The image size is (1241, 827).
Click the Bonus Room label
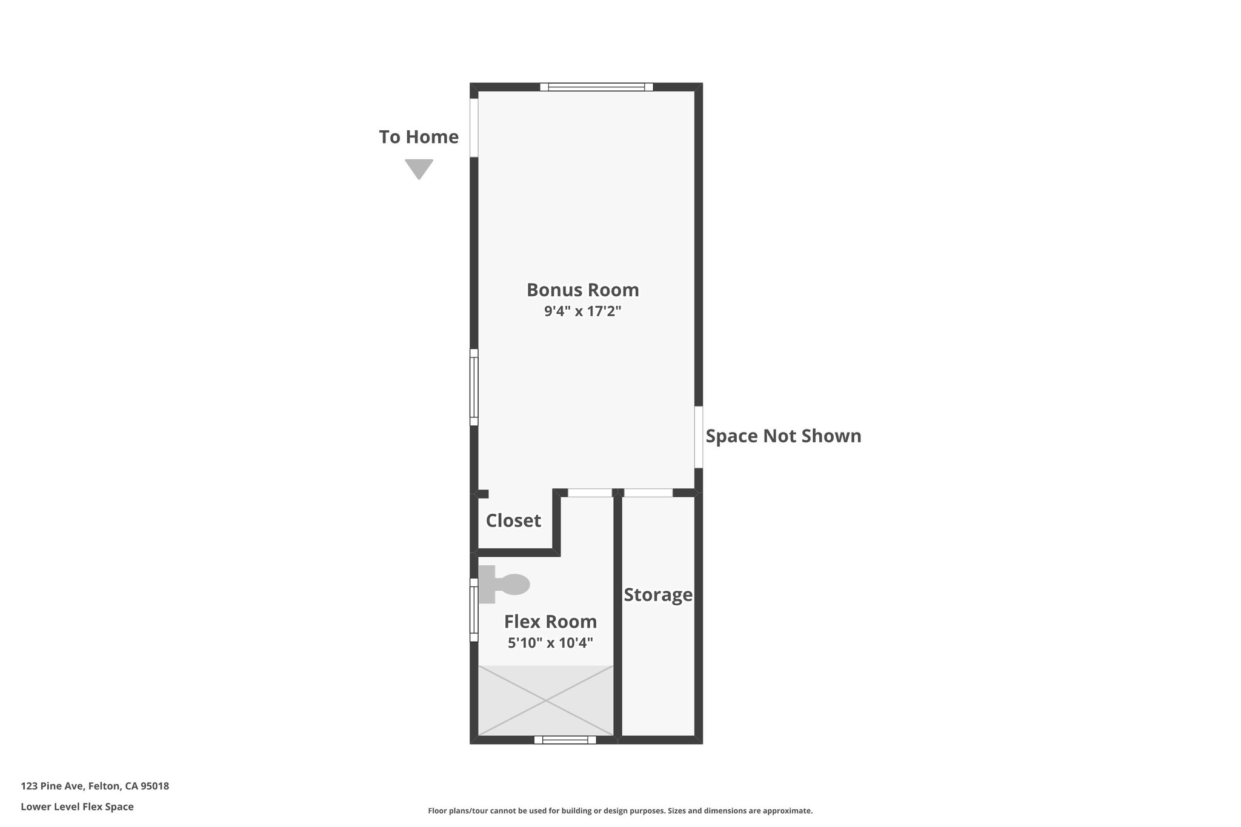tap(582, 290)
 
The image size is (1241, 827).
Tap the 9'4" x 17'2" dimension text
tap(582, 311)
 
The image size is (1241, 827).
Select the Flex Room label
tap(550, 622)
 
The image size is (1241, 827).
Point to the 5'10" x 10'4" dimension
tap(550, 643)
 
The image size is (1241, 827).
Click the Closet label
tap(513, 520)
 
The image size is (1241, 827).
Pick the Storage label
tap(657, 595)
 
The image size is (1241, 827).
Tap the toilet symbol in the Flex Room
tap(504, 585)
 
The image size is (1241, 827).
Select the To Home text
tap(419, 137)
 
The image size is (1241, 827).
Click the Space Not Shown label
tap(783, 436)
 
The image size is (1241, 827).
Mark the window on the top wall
tap(596, 87)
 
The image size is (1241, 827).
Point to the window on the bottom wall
tap(565, 740)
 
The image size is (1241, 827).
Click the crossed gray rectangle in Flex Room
tap(545, 701)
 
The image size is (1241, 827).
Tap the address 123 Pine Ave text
tap(95, 786)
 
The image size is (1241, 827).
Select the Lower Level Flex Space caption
tap(77, 807)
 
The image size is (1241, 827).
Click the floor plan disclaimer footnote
tap(620, 811)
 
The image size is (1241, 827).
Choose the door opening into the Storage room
tap(648, 493)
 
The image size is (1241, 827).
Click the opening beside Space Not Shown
tap(698, 437)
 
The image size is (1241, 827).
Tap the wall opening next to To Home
tap(474, 127)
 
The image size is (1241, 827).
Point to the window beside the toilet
tap(474, 609)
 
